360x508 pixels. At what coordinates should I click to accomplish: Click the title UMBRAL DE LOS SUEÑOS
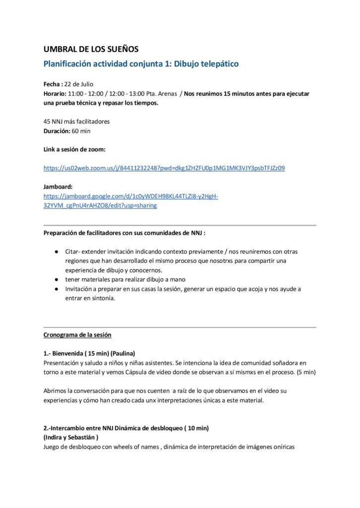(x=91, y=49)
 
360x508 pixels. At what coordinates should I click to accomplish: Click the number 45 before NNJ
(x=47, y=121)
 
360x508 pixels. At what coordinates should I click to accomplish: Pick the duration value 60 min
(x=81, y=131)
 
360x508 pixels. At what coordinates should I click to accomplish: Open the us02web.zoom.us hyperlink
(x=164, y=168)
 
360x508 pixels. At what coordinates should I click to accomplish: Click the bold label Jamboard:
(x=59, y=187)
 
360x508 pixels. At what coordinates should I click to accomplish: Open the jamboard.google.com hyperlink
(x=131, y=196)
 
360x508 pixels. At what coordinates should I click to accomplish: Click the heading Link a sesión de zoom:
(x=74, y=149)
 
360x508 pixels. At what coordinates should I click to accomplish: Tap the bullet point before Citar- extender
(x=57, y=252)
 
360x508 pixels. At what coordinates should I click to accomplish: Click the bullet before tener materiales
(x=57, y=279)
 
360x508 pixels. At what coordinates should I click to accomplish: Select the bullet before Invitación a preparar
(x=57, y=289)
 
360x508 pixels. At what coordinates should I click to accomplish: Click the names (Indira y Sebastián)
(x=71, y=437)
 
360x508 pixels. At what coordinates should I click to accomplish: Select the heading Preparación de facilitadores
(x=124, y=233)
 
